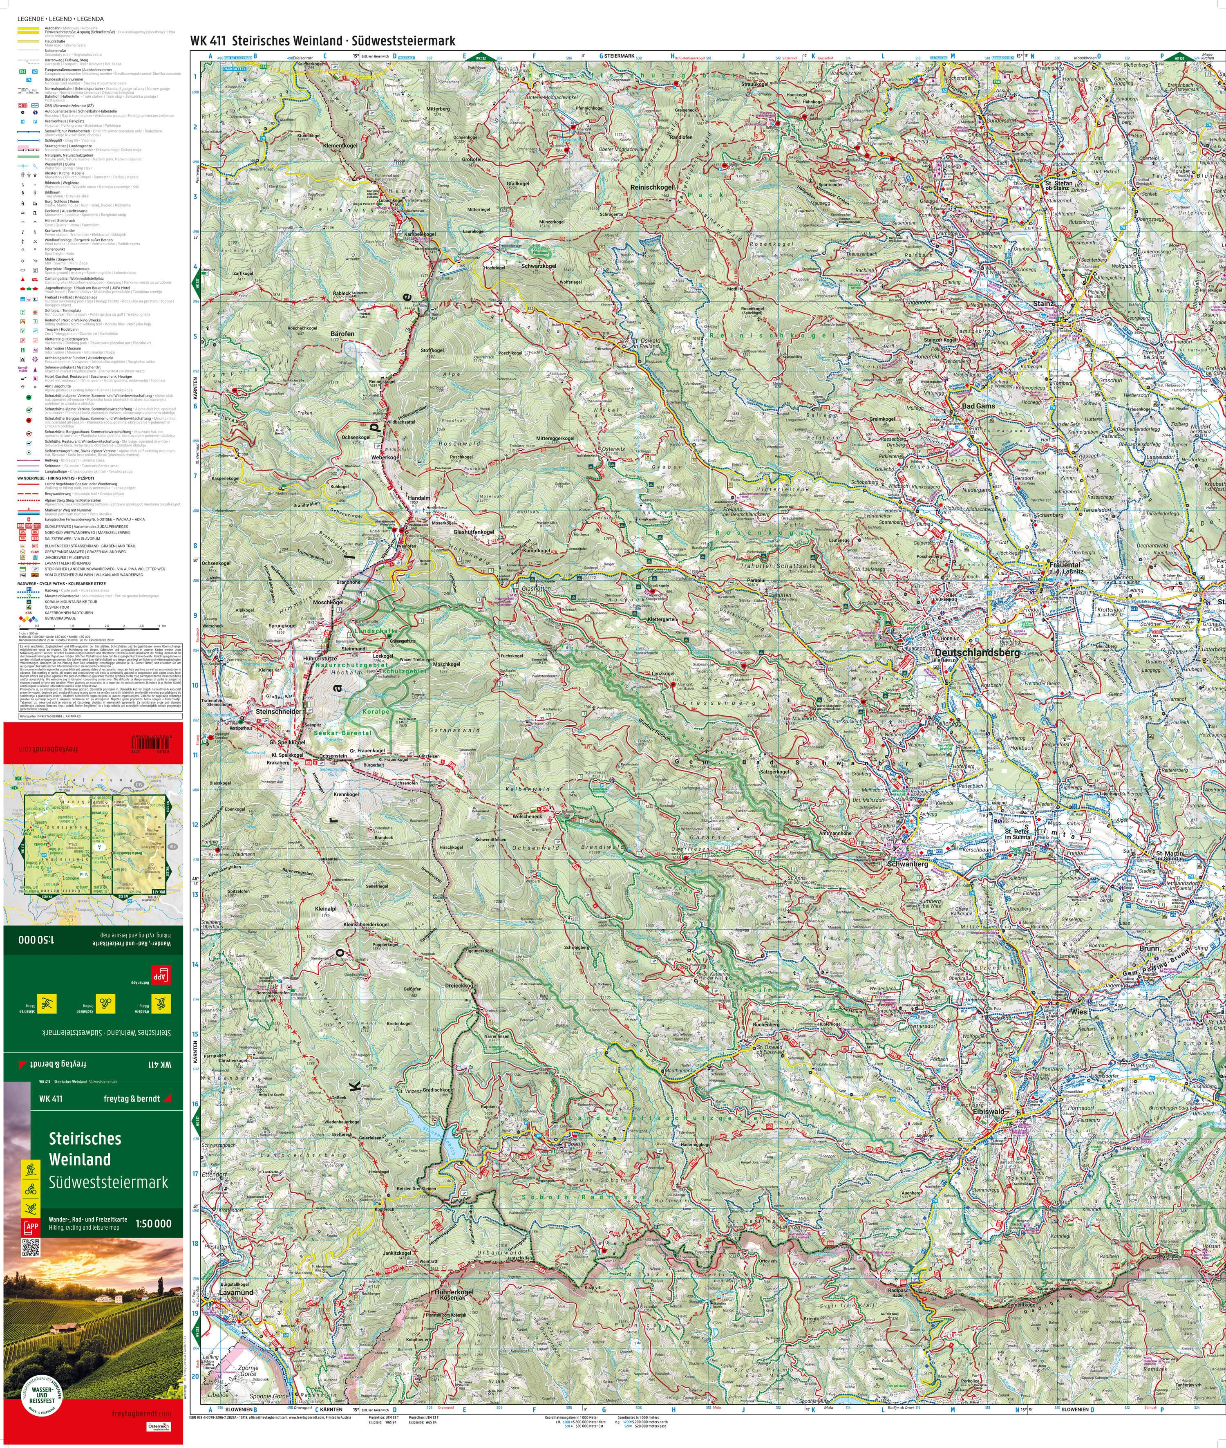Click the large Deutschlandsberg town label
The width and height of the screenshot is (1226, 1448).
coord(977,653)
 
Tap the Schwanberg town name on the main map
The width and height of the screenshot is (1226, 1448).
coord(907,863)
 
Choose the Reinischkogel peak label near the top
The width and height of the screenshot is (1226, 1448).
coord(651,188)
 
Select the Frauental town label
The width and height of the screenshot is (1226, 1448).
coord(1065,565)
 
